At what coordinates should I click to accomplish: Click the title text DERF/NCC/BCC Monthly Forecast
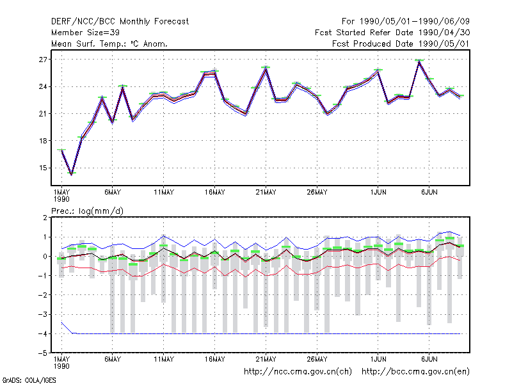click(x=120, y=22)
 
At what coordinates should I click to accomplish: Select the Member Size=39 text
click(x=85, y=33)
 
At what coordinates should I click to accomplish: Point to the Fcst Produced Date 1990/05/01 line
click(x=401, y=44)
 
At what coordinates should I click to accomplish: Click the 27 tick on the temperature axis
click(x=43, y=60)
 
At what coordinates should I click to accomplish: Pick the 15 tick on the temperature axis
click(x=43, y=168)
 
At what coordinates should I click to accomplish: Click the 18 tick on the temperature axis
click(x=43, y=141)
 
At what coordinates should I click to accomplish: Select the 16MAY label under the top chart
click(x=215, y=193)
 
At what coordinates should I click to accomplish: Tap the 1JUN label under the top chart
click(x=378, y=193)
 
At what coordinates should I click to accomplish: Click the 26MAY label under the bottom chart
click(x=317, y=359)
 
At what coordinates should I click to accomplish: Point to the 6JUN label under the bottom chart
click(x=429, y=359)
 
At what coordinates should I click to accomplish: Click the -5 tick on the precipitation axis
click(x=43, y=353)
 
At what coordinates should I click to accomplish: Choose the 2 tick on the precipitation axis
click(x=45, y=218)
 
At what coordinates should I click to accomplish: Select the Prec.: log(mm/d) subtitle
click(x=87, y=211)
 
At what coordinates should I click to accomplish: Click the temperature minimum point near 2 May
click(x=72, y=175)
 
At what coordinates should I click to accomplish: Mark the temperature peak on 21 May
click(x=266, y=68)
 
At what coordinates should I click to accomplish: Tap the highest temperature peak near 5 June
click(x=419, y=61)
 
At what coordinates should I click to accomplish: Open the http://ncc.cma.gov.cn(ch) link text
click(x=298, y=372)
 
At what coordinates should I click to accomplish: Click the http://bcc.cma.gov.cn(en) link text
click(x=415, y=372)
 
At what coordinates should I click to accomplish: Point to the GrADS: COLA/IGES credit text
click(x=29, y=380)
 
